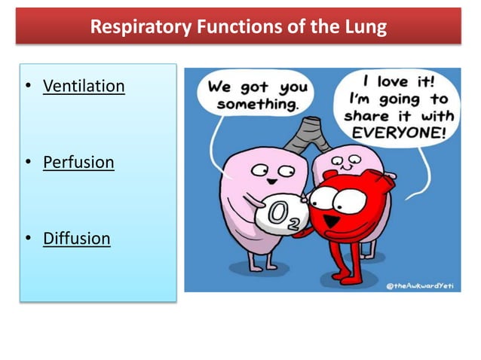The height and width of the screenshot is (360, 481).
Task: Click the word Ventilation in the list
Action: click(83, 86)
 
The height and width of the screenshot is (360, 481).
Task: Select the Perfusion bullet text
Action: click(78, 162)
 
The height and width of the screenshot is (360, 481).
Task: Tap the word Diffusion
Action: click(76, 239)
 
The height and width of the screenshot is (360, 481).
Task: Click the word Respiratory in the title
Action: click(140, 28)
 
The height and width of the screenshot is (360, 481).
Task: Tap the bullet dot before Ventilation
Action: click(28, 87)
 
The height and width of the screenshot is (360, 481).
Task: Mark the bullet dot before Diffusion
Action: click(28, 239)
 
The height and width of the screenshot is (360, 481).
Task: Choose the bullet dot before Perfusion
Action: click(28, 163)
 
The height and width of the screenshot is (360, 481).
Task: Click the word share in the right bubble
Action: click(365, 116)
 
